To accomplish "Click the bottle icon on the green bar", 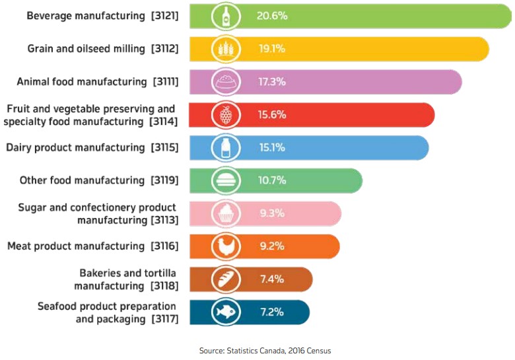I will (225, 17).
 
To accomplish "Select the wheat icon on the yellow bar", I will (225, 49).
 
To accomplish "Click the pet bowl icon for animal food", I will (225, 82).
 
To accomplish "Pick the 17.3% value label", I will (272, 82).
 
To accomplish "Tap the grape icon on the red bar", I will (225, 115).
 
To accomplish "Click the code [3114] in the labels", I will (163, 122).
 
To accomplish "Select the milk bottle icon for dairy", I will (225, 147).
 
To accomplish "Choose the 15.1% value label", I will (271, 147).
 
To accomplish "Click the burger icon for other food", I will (225, 180).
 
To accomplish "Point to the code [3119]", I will (164, 180).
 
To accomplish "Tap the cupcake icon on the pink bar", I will (225, 213).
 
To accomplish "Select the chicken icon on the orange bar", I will (225, 246).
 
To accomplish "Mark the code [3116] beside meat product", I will (163, 246).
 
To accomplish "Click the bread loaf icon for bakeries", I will (225, 279).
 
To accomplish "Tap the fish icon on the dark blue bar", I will (225, 312).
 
